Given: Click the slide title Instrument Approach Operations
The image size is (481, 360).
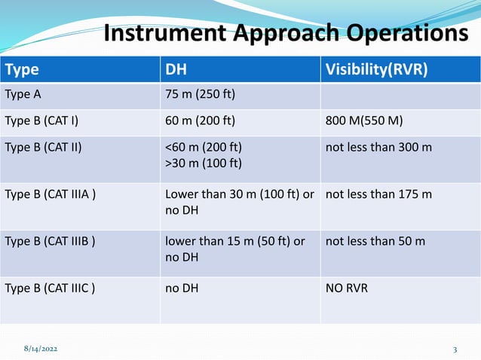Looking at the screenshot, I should (x=285, y=34).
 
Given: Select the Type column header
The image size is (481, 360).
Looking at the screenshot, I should (x=22, y=70).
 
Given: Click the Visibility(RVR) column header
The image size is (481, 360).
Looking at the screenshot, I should (x=376, y=70).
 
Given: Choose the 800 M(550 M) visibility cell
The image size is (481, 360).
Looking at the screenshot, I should (x=367, y=120).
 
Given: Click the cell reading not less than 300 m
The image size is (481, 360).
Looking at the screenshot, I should (x=378, y=146).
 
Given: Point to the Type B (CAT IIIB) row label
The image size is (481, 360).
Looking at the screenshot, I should (x=50, y=241).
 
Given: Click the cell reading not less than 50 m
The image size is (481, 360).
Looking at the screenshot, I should (x=375, y=241).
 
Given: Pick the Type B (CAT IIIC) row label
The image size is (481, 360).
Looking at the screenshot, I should (x=50, y=287).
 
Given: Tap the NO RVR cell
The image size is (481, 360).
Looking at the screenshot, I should (x=347, y=287).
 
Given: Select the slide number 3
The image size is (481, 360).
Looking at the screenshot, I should (x=455, y=350).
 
